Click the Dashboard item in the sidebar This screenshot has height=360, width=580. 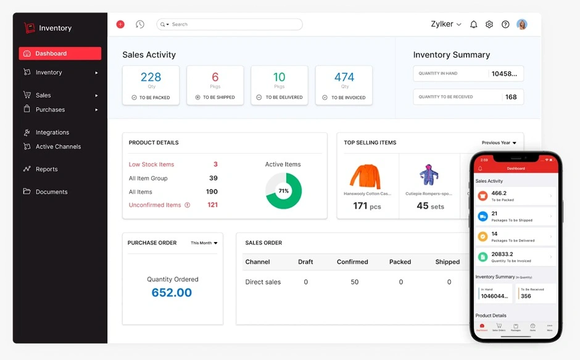(59, 54)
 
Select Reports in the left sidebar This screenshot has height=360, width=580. (46, 169)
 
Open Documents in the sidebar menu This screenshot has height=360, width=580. (51, 192)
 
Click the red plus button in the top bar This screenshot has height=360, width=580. (120, 25)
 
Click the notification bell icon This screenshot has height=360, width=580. (474, 25)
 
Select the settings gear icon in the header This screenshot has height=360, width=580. (489, 25)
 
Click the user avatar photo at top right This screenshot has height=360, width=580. (522, 25)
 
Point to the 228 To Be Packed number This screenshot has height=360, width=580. (151, 77)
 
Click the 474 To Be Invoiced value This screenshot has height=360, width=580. (344, 77)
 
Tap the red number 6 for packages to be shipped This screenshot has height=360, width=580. (215, 77)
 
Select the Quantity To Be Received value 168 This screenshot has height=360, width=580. (511, 97)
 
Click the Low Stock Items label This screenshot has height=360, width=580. (151, 165)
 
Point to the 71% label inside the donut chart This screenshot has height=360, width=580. (283, 191)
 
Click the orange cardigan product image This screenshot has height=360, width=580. (365, 175)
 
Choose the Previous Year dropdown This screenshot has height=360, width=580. (499, 143)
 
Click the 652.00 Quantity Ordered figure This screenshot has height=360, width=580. (172, 293)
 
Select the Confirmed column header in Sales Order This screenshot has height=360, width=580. (352, 262)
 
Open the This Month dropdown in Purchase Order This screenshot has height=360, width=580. (204, 243)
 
